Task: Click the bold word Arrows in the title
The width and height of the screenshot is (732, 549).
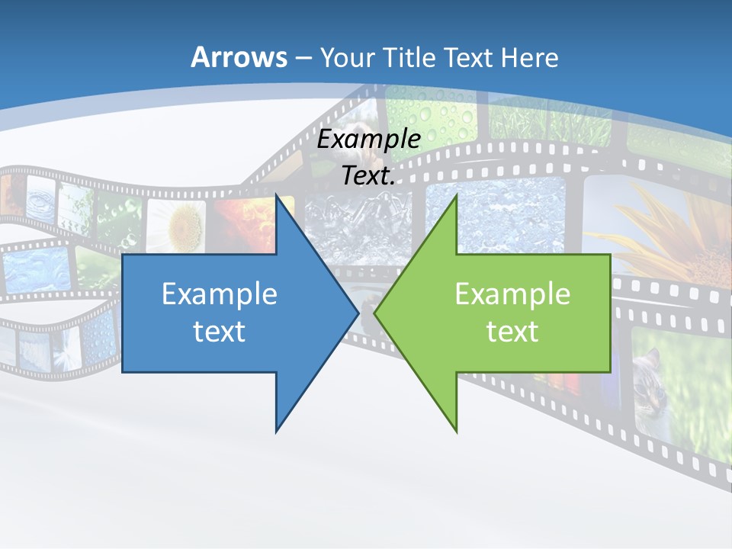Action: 239,57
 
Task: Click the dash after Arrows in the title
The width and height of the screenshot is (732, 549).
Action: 303,58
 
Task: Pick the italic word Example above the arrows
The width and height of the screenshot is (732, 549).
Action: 369,139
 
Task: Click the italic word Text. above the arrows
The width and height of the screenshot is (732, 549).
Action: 369,175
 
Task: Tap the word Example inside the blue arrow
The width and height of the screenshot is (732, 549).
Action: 220,294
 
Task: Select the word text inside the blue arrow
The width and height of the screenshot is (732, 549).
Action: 220,331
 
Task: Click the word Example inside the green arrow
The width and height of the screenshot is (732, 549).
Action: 512,294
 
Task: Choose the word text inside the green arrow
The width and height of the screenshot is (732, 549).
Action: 512,331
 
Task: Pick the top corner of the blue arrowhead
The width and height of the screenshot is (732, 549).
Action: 276,196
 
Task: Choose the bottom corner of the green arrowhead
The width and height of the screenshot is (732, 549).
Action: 457,432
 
